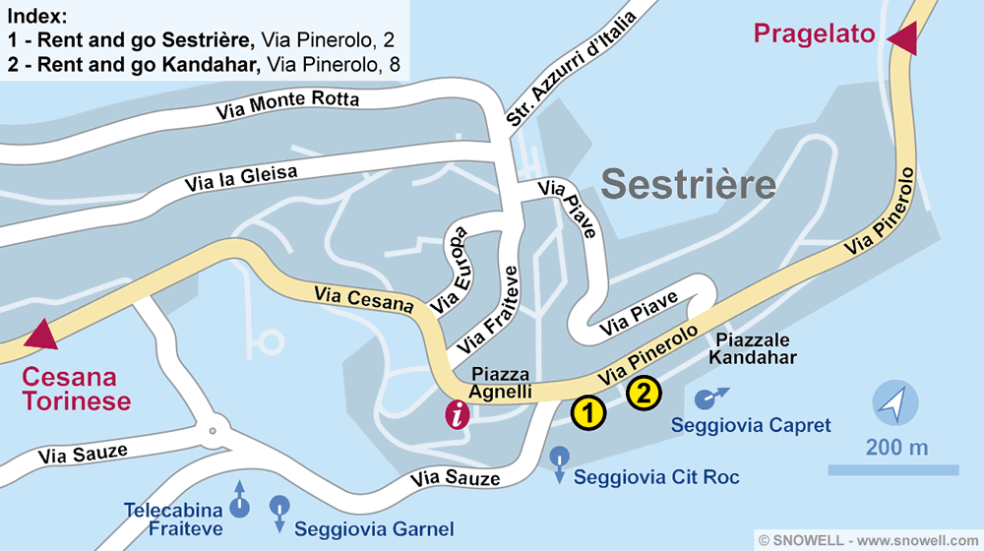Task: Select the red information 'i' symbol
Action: click(x=457, y=415)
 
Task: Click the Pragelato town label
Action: click(x=814, y=33)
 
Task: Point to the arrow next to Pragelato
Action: click(x=902, y=39)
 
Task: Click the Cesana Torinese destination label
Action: click(x=77, y=390)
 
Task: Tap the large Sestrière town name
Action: click(x=689, y=183)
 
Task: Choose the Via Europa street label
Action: click(x=450, y=269)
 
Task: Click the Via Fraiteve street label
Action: click(x=487, y=308)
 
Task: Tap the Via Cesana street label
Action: click(x=364, y=298)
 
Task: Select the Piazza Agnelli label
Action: click(x=501, y=384)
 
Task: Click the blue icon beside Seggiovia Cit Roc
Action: click(x=560, y=459)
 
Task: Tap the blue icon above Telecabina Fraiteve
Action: click(x=239, y=506)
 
